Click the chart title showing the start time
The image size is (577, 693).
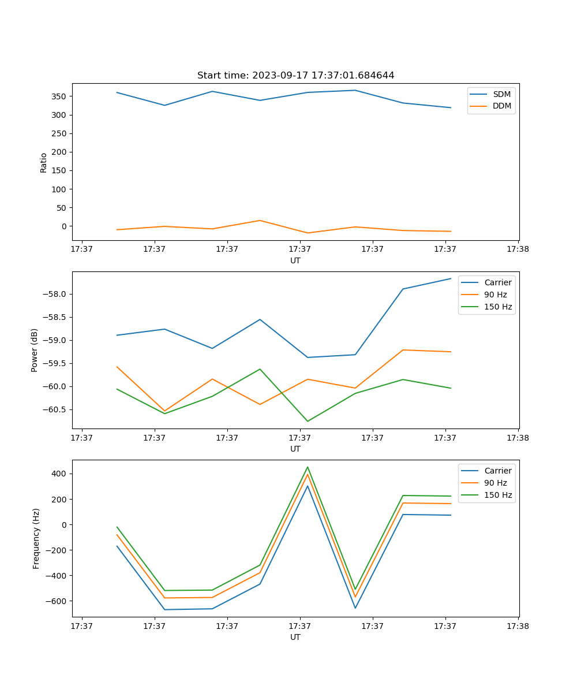click(295, 76)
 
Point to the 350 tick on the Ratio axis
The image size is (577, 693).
click(60, 96)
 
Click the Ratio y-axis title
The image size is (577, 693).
click(44, 162)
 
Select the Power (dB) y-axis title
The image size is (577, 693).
click(35, 350)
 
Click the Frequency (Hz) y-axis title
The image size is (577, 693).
click(36, 538)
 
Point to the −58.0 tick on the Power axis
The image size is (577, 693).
click(57, 294)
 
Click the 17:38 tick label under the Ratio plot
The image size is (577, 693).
click(518, 249)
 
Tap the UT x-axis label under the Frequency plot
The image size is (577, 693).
click(295, 637)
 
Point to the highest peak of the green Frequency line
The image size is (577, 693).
click(308, 467)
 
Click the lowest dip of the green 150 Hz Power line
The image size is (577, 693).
click(308, 421)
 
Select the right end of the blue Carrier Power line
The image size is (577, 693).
click(451, 278)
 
